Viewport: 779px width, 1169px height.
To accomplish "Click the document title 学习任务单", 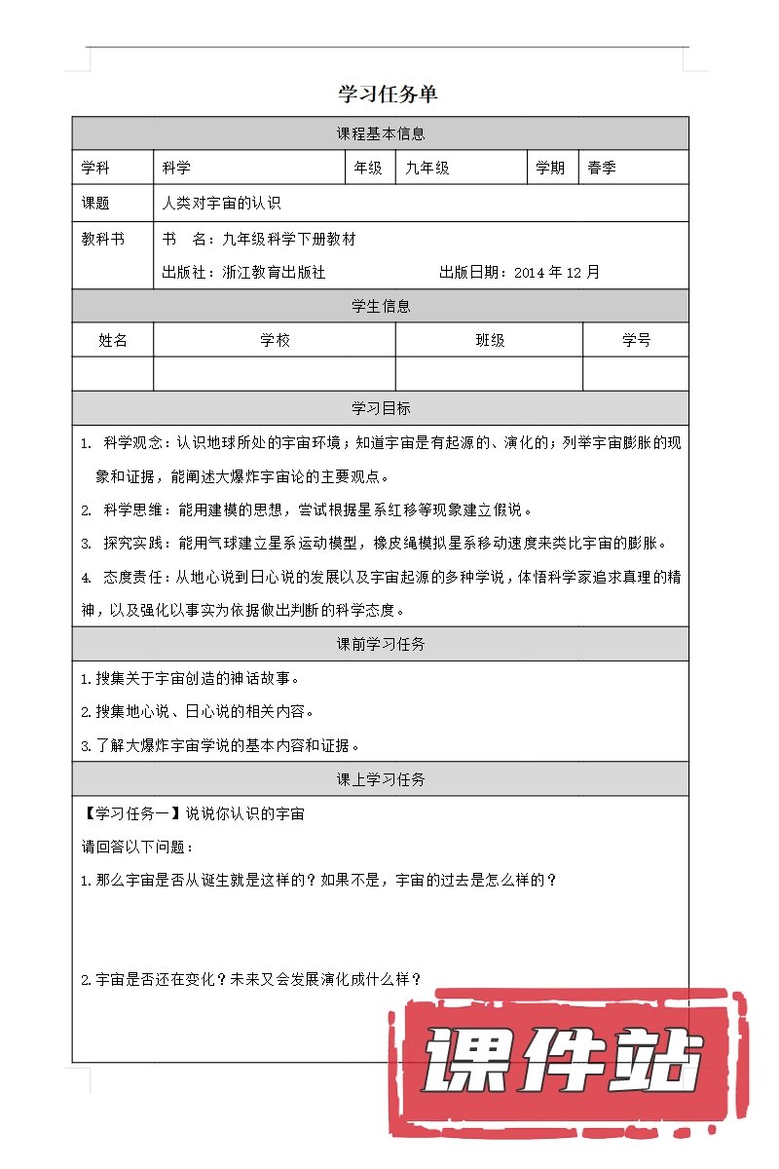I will (x=388, y=94).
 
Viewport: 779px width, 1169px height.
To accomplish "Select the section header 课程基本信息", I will (x=380, y=133).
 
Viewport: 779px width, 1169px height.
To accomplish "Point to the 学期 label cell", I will (x=550, y=168).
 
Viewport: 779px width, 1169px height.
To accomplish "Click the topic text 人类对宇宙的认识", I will (x=221, y=204).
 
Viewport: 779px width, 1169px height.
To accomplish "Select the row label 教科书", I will (x=103, y=240).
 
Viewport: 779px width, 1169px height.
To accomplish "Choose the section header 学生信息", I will (x=380, y=306).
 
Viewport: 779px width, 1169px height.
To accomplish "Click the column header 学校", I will (x=275, y=340).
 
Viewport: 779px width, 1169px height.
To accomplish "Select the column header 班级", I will (x=490, y=340).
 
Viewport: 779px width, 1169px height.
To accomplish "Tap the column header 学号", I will (x=636, y=340).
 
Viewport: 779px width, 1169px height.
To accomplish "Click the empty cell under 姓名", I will (x=113, y=373).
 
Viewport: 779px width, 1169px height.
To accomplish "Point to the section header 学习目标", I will (x=380, y=408).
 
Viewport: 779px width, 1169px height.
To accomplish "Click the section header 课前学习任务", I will (x=380, y=644).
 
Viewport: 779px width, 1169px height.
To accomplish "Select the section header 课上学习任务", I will (x=380, y=779).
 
